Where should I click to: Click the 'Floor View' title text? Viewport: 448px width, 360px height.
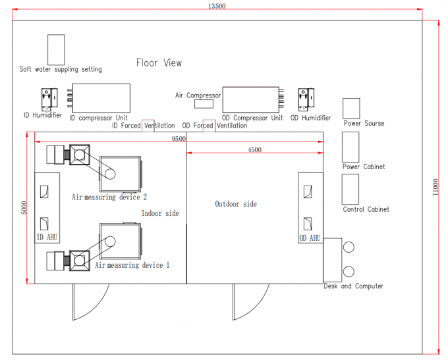tap(159, 63)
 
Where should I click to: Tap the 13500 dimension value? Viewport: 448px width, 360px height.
tap(217, 6)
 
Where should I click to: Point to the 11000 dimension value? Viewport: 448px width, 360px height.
tap(435, 187)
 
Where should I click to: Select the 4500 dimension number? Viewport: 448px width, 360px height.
tap(254, 149)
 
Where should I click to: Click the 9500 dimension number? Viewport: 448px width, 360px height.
tap(179, 138)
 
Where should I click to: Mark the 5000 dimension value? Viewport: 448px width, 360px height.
tap(24, 207)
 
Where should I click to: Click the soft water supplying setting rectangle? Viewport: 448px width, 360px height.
tap(56, 49)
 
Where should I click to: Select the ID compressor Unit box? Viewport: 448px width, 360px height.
tap(101, 98)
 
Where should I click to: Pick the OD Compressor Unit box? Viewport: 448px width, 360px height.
tap(251, 99)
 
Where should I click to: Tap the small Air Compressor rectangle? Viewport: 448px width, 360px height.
tap(204, 104)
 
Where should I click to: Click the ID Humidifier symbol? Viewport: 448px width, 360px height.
tap(49, 99)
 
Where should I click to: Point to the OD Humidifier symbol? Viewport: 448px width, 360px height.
tap(306, 99)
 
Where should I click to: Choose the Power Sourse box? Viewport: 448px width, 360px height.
tap(351, 109)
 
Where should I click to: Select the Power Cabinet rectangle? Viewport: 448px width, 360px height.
tap(350, 147)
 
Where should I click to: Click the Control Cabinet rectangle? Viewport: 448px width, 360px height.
tap(350, 190)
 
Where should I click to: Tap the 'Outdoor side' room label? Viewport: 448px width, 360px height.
tap(236, 204)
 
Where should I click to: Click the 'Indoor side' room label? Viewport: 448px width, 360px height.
tap(160, 213)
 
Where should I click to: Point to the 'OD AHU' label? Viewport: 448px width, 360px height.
tap(310, 238)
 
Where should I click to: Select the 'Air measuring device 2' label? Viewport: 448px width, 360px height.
tap(109, 197)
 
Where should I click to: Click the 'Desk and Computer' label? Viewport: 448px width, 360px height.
tap(353, 286)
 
